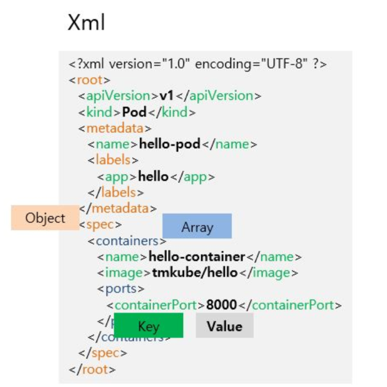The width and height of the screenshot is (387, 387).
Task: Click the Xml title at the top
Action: coord(86,23)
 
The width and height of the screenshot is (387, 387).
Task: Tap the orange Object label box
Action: coord(45,218)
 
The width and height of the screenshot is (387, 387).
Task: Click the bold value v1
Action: coord(167,96)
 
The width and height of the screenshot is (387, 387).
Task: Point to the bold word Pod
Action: coord(134,112)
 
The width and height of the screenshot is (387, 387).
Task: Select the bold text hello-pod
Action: coord(170,144)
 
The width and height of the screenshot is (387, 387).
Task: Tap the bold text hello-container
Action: coord(197,257)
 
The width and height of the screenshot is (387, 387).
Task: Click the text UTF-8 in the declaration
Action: coord(283,64)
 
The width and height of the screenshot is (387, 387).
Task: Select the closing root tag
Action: coord(92,370)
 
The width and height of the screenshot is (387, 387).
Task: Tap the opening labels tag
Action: coord(113,160)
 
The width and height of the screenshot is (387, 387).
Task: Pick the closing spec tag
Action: coord(102,354)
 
